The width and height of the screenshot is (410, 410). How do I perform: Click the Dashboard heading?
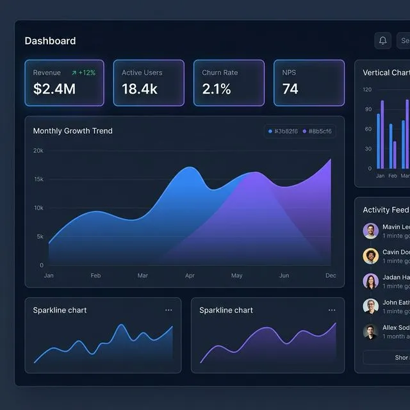click(x=50, y=41)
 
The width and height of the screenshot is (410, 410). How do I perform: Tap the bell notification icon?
click(x=382, y=41)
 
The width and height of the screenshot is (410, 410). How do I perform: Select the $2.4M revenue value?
click(x=54, y=89)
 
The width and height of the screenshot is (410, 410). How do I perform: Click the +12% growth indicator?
click(x=83, y=73)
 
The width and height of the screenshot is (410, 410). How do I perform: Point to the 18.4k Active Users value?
click(x=140, y=89)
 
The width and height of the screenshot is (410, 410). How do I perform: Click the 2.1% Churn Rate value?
click(x=217, y=89)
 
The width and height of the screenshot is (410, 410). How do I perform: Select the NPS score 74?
click(x=290, y=89)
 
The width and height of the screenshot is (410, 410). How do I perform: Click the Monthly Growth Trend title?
click(x=72, y=131)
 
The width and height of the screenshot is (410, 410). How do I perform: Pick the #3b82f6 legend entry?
click(x=283, y=131)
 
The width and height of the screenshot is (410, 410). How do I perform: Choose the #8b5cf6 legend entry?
click(x=316, y=131)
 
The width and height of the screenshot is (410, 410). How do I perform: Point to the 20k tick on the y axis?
click(x=38, y=151)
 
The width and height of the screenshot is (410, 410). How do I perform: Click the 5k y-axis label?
click(x=40, y=236)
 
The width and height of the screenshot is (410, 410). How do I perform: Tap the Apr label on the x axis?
click(x=190, y=275)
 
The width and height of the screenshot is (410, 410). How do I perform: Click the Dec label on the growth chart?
click(x=331, y=275)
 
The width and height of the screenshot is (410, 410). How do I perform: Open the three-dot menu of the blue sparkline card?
click(x=168, y=310)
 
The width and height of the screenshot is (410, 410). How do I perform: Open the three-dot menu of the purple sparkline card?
click(x=332, y=310)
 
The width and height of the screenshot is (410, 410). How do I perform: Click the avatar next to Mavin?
click(x=370, y=231)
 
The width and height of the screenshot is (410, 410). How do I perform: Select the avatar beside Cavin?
click(x=370, y=256)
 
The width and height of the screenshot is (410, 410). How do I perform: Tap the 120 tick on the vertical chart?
click(x=367, y=90)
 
